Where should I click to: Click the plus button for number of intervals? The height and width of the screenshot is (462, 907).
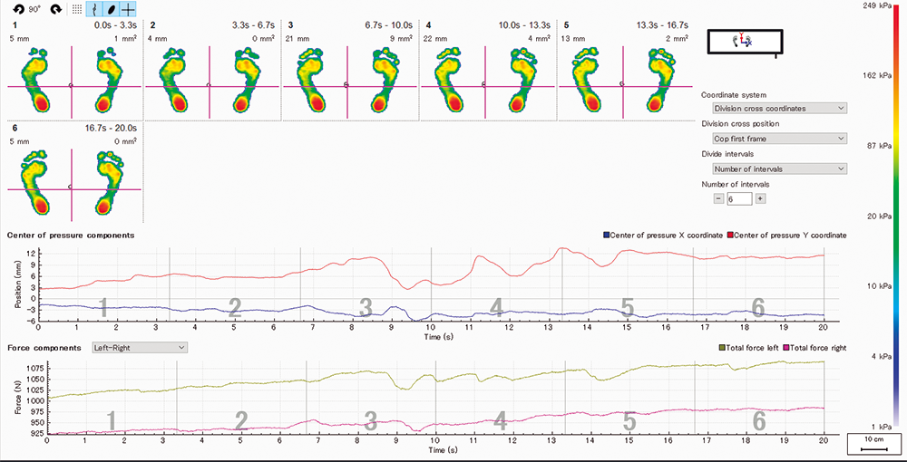pyautogui.click(x=760, y=198)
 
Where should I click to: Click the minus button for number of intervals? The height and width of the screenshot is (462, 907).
pyautogui.click(x=718, y=198)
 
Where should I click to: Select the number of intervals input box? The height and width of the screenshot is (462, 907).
pyautogui.click(x=739, y=198)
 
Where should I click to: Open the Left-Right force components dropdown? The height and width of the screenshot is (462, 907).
pyautogui.click(x=139, y=347)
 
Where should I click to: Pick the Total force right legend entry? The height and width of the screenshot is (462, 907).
pyautogui.click(x=814, y=348)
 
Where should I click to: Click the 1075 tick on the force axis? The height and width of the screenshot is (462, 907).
pyautogui.click(x=32, y=367)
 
